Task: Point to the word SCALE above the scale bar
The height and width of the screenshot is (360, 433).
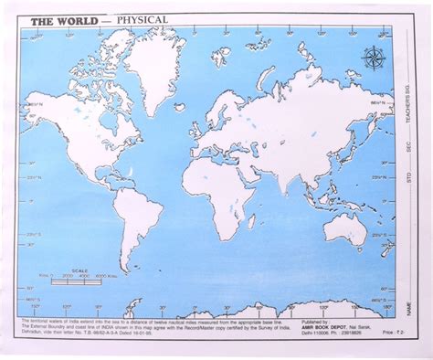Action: (x=85, y=268)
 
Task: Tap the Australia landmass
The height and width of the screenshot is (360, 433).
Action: (x=346, y=228)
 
